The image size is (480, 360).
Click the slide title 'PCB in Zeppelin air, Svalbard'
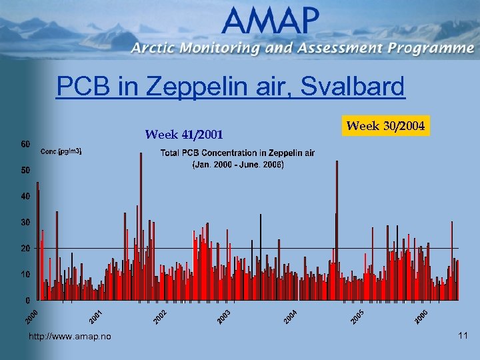point(230,86)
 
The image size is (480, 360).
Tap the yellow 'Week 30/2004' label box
point(386,125)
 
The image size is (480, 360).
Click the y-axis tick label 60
point(24,144)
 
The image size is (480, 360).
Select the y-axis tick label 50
point(24,170)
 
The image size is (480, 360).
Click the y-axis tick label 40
point(24,196)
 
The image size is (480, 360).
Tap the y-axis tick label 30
point(24,222)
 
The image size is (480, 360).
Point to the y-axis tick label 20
point(24,248)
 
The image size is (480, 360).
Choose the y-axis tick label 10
point(24,274)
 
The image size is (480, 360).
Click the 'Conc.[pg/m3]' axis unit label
point(61,152)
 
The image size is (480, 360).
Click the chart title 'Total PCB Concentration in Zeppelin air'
point(237,153)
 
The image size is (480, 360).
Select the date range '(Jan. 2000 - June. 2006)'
point(238,164)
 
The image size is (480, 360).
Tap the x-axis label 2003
point(224,317)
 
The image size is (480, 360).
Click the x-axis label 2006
point(421,317)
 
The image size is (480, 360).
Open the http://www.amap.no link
point(70,337)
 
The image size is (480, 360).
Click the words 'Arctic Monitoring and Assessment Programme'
point(302,48)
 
